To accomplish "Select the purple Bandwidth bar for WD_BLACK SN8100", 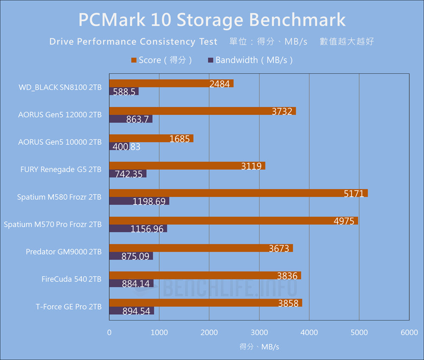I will coord(124,91).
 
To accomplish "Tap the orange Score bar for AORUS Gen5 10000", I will coord(151,138).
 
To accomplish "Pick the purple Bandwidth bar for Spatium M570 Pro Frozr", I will coord(138,229).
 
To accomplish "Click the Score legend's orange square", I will coord(134,60).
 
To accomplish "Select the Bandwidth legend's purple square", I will coord(210,60).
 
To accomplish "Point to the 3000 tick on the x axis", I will coord(259,333).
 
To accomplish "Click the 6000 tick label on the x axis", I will coord(409,333).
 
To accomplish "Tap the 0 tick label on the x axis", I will coord(109,333).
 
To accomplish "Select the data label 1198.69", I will coord(149,202).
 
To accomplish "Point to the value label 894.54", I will coord(136,311).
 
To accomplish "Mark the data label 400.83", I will coord(125,147).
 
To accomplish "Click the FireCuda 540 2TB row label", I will coord(71,279).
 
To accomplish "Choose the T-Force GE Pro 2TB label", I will coord(69,307).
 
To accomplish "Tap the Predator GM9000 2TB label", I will coord(64,252).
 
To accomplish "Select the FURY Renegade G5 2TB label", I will coord(61,169).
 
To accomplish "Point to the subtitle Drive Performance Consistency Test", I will coord(133,42).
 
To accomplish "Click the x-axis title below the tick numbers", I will coord(259,347).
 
